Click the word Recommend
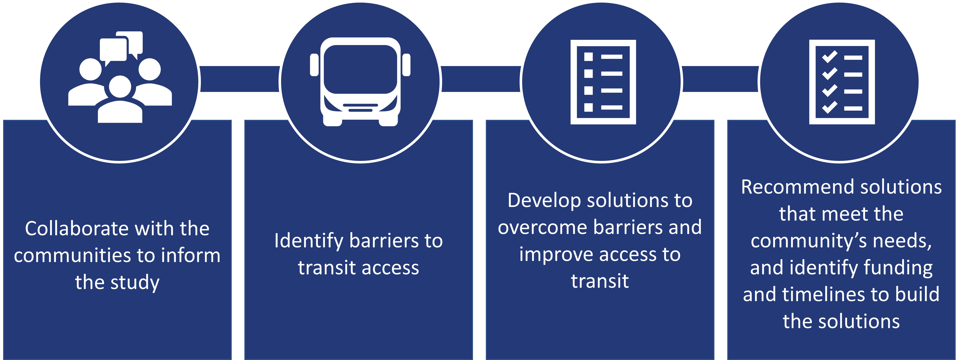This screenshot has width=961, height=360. pyautogui.click(x=793, y=187)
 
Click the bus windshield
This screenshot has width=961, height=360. pyautogui.click(x=360, y=69)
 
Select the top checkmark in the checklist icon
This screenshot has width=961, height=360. pyautogui.click(x=830, y=57)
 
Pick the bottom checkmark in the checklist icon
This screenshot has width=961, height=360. pyautogui.click(x=830, y=108)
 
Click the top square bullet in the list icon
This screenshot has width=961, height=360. pyautogui.click(x=588, y=57)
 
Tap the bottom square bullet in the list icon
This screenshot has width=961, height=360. pyautogui.click(x=588, y=108)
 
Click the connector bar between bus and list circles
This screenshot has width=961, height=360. pyautogui.click(x=481, y=79)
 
